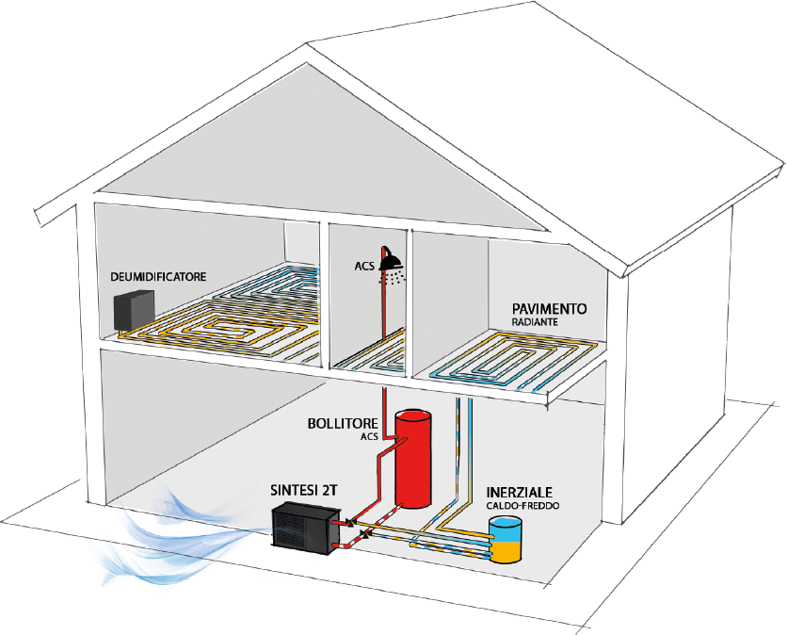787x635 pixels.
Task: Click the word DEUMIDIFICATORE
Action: tap(158, 277)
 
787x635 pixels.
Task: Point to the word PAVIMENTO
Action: tap(551, 309)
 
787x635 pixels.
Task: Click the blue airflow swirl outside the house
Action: tap(178, 528)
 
